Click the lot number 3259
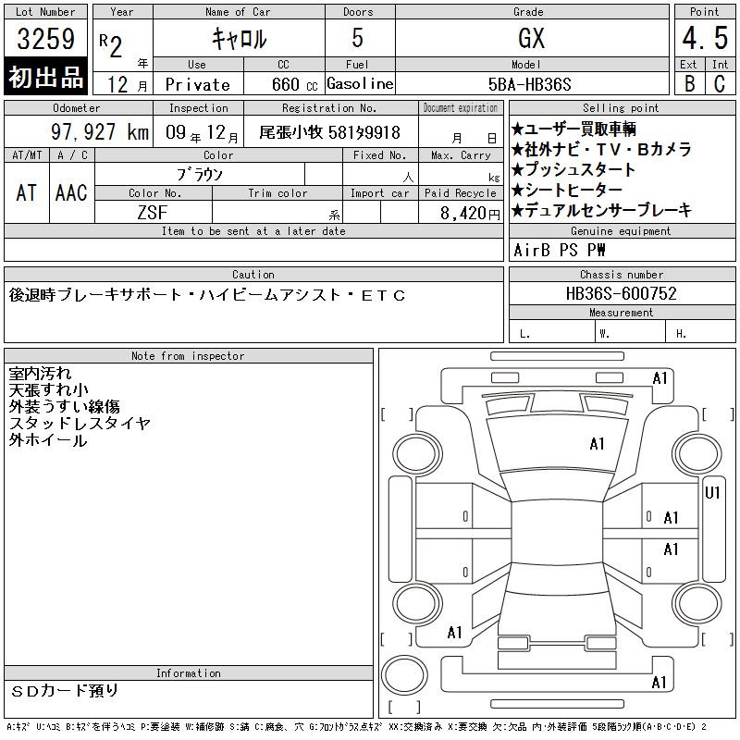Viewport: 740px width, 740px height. tap(45, 38)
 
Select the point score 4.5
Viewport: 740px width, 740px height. tap(705, 38)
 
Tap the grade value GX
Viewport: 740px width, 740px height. tap(531, 38)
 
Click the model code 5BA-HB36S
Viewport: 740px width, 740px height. tap(529, 84)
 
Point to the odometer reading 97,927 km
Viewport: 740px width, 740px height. tap(100, 131)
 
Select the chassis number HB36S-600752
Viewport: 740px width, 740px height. tap(621, 293)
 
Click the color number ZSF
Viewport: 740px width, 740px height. tap(153, 213)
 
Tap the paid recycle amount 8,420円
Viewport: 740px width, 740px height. tap(470, 214)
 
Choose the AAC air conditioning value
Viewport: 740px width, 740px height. tap(71, 192)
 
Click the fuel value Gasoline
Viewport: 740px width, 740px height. tap(360, 84)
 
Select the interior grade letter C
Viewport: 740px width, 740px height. tap(720, 83)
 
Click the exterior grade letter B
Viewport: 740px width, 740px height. tap(689, 83)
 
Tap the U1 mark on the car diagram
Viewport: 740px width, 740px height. tap(712, 493)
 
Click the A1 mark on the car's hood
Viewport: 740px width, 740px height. tap(597, 444)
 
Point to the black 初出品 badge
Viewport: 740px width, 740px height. tap(45, 77)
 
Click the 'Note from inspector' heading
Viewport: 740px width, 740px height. tap(188, 356)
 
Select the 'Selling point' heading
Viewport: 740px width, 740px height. tap(621, 108)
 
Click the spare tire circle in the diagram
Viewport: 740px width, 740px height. tap(404, 675)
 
